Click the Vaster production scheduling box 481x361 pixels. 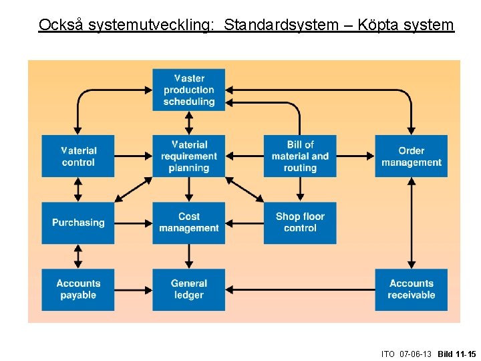point(189,90)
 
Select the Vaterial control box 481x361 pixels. point(78,156)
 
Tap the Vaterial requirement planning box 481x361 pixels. point(189,156)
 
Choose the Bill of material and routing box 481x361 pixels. point(300,156)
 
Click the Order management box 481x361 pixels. point(411,156)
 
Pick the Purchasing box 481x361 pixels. point(78,223)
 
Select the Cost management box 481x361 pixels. point(189,223)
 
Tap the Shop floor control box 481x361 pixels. point(300,223)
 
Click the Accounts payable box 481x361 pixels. point(78,289)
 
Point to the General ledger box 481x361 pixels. point(189,289)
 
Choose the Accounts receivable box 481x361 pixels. point(411,289)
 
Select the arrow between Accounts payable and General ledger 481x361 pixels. point(134,289)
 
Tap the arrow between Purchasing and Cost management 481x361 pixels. point(134,223)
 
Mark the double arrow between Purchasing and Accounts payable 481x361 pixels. point(78,256)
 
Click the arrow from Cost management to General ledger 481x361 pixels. point(189,256)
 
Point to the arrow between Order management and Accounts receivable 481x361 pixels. point(411,223)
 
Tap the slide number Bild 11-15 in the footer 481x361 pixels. point(457,354)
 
